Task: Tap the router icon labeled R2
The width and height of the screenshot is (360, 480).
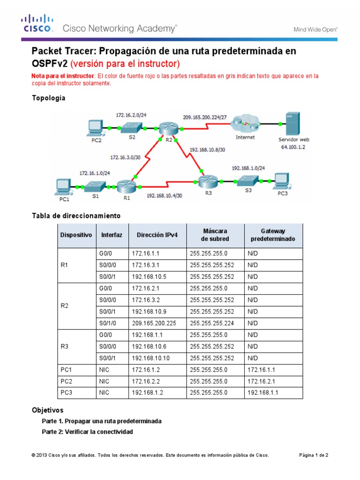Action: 165,128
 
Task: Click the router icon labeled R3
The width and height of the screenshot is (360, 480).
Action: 206,180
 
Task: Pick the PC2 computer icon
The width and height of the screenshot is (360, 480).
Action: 96,127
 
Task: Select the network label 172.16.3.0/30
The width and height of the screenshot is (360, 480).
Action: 125,157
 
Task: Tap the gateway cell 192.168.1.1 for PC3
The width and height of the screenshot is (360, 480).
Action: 262,393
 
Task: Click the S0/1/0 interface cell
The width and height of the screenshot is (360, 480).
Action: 107,323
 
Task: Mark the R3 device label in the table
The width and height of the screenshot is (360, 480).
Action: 65,346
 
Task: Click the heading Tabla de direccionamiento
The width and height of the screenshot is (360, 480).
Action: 76,216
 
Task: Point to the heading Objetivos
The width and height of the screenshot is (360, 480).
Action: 47,410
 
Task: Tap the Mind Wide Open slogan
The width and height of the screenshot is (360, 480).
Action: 315,29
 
